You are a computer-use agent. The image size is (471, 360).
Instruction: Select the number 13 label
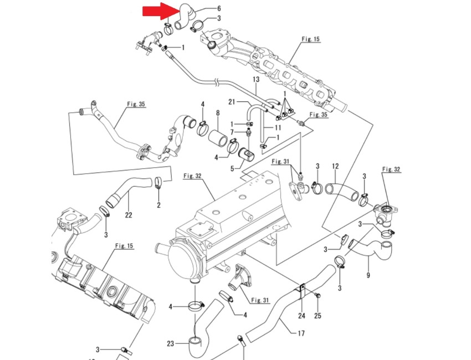pos(256,80)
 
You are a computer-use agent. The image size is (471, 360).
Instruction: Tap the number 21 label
pos(232,102)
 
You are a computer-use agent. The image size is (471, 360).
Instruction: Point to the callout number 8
pos(218,113)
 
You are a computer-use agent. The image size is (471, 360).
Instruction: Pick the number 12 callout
pos(335,166)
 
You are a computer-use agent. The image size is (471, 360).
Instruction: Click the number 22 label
pos(128,215)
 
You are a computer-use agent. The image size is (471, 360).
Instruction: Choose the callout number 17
pos(301,333)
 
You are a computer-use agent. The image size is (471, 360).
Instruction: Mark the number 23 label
pos(170,343)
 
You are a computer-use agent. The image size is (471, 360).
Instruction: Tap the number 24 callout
pos(301,316)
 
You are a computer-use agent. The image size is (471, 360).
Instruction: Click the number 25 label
pos(318,316)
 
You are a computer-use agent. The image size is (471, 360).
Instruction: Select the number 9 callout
pos(368,275)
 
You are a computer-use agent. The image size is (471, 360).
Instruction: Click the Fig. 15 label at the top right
pos(311,39)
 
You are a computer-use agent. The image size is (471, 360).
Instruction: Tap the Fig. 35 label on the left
pos(136,104)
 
